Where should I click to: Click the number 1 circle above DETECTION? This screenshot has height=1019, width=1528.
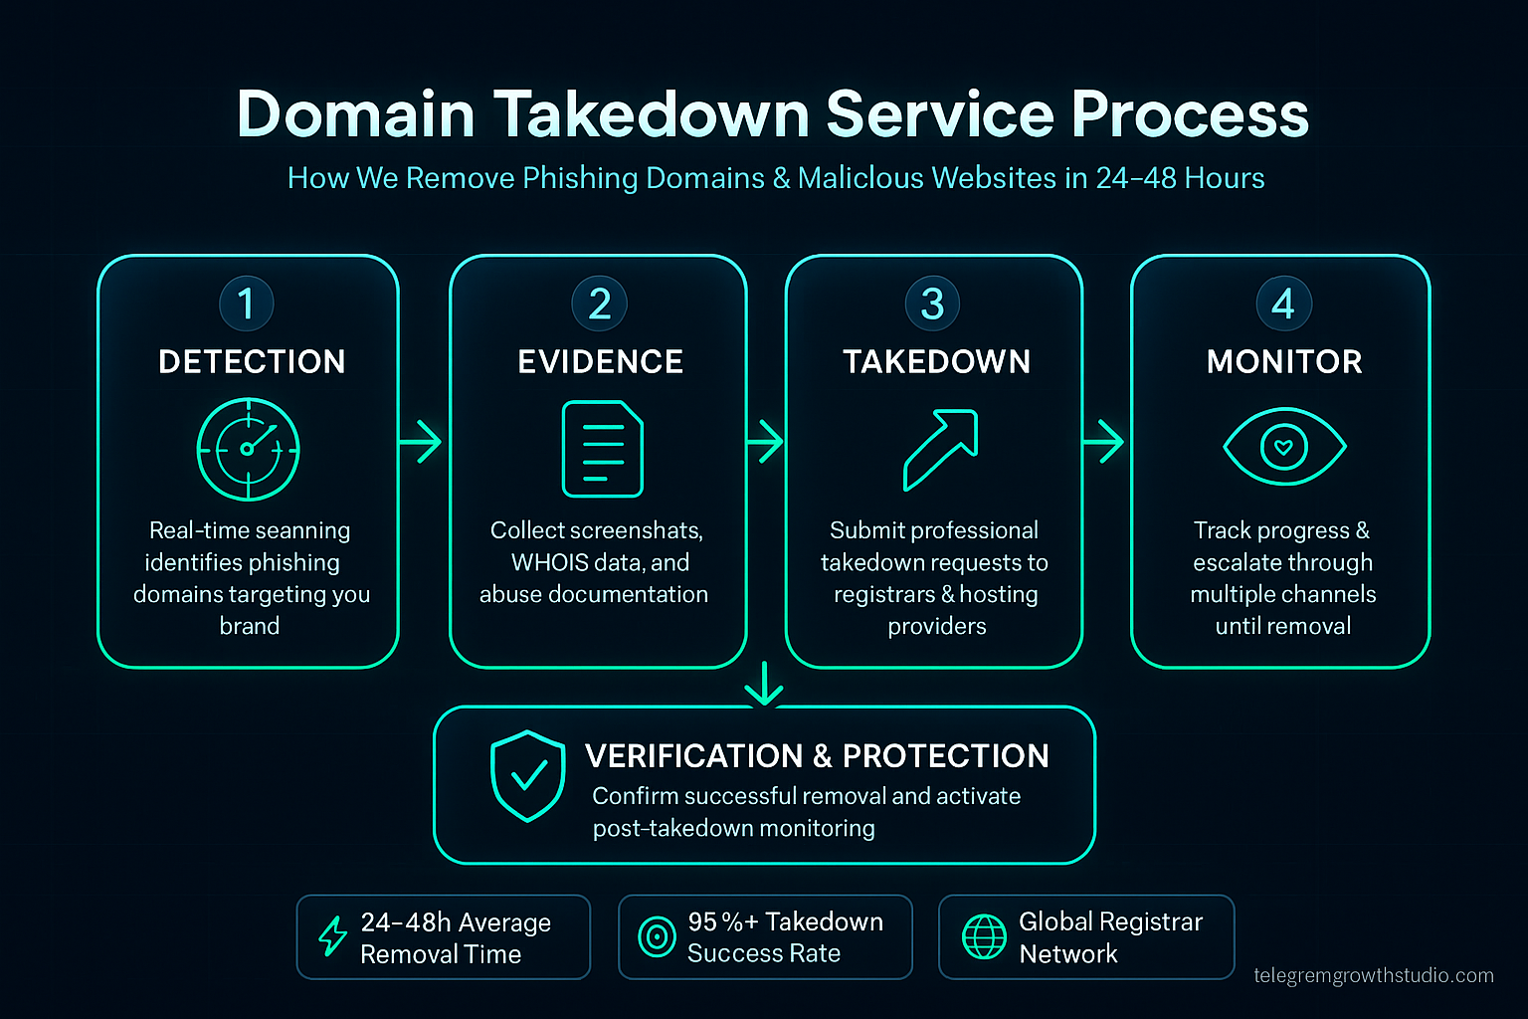point(247,304)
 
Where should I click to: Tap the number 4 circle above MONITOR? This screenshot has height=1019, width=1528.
point(1283,304)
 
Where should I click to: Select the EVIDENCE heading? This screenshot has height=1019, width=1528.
point(600,361)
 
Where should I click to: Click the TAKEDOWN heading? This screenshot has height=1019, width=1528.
point(936,361)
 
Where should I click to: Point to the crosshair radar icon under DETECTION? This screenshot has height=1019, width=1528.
point(248,449)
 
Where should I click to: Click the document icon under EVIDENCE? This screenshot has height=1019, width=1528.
point(602,449)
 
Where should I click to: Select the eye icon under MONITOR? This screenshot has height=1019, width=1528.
point(1283,447)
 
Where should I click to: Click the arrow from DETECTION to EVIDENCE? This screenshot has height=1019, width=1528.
point(421,441)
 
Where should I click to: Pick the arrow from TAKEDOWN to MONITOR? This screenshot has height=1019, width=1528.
point(1104,441)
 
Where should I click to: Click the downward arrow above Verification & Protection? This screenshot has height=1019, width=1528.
point(764,684)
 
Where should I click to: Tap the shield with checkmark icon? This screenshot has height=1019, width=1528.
point(527,776)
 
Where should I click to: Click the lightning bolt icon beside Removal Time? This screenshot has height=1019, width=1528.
point(332,936)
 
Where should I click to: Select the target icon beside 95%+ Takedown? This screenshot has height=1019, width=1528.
point(657,936)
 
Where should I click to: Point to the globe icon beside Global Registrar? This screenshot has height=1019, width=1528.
point(984,936)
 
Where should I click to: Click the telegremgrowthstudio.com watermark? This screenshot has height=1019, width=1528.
point(1373,975)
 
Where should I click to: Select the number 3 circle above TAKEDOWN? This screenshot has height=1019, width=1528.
point(932,304)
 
